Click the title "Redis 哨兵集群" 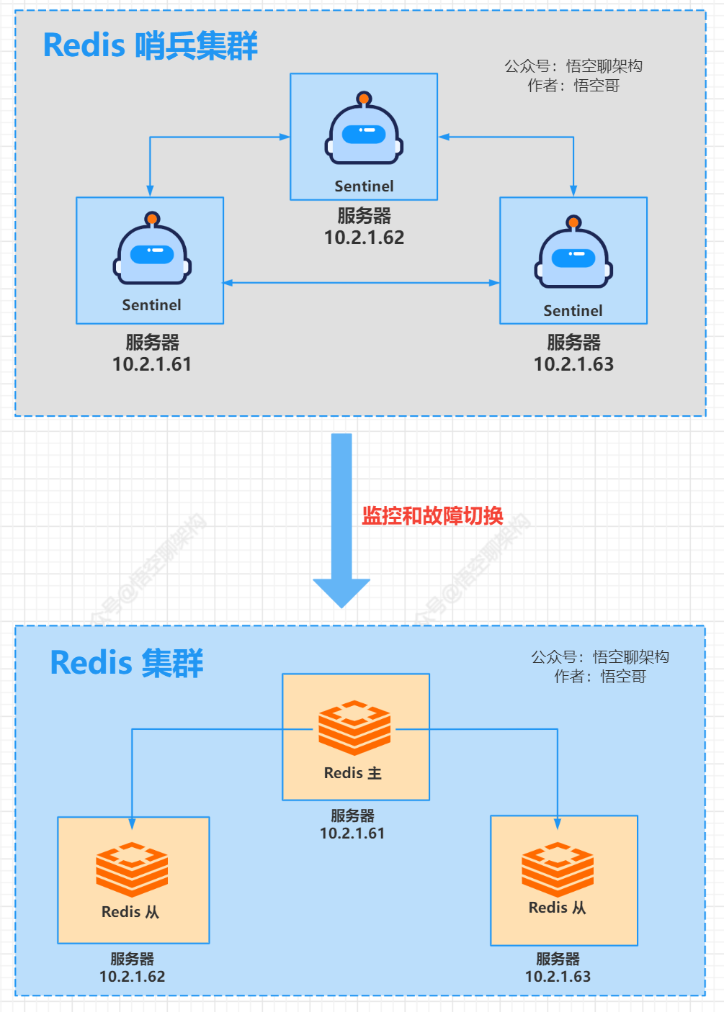coord(150,45)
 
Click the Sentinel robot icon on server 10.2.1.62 coord(364,130)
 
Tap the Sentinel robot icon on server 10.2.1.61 coord(152,250)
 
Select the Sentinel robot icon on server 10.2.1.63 coord(573,253)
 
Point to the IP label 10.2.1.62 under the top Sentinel coord(364,238)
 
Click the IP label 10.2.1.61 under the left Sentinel coord(152,364)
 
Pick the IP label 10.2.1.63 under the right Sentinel coord(573,364)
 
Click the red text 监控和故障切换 coord(432,515)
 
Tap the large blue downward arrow coord(341,518)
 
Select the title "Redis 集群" coord(127,663)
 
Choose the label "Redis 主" coord(353,773)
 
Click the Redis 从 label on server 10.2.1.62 coord(130,912)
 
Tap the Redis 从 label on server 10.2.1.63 coord(558,908)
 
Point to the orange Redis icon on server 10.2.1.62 coord(132,869)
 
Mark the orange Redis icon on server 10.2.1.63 coord(558,869)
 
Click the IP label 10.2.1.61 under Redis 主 coord(352,833)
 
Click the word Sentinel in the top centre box coord(364,186)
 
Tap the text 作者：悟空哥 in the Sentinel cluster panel coord(573,86)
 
